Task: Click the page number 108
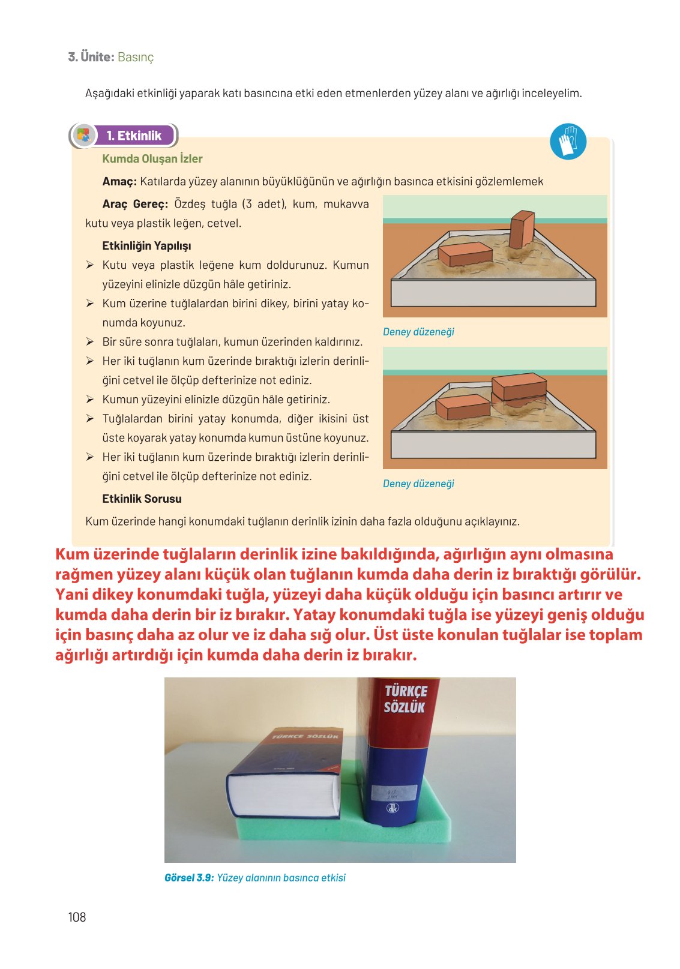coord(77,917)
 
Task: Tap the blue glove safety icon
coord(568,142)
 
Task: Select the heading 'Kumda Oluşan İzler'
coord(152,159)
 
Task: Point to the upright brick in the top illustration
coord(522,229)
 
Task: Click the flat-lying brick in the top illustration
coord(465,254)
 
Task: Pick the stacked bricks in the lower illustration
coord(519,388)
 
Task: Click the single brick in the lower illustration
coord(463,407)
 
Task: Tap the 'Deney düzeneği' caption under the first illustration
coord(418,332)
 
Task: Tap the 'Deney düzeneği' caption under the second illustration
coord(418,484)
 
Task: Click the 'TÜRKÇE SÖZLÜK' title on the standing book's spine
coord(405,700)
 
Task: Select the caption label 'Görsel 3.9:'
coord(188,878)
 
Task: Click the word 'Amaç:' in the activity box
coord(119,182)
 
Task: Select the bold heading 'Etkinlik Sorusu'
coord(142,499)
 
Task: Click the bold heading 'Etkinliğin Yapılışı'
coord(146,246)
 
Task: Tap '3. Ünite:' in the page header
coord(91,57)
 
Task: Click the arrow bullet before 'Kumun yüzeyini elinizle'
coord(89,400)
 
